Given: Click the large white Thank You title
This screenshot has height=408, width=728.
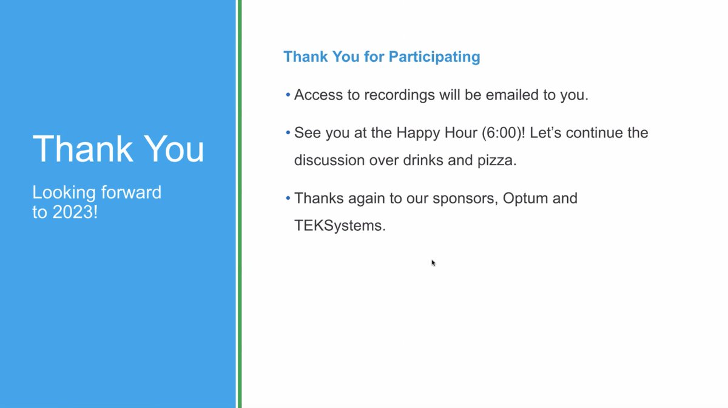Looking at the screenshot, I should (118, 149).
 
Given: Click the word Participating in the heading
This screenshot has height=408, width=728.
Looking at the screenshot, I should (434, 57).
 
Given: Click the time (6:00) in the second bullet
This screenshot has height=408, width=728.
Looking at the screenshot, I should (504, 132).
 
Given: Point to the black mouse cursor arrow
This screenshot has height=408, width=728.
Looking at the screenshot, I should (433, 263).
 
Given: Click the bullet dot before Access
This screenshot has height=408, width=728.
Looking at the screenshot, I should (288, 95).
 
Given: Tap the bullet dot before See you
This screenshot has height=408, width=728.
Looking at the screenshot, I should (288, 132).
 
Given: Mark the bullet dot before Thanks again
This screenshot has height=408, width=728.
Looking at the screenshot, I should (288, 199).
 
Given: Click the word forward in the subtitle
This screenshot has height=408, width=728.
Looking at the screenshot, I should (132, 193).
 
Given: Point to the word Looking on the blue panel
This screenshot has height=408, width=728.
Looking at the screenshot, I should (64, 193).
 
